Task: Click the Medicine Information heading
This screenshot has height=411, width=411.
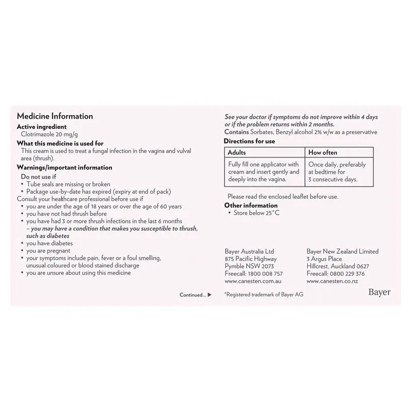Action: click(55, 117)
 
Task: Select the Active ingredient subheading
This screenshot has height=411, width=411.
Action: click(42, 126)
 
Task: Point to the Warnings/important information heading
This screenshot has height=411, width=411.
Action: click(64, 167)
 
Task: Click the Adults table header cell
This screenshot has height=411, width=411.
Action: click(237, 153)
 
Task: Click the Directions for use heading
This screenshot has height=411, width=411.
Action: click(250, 141)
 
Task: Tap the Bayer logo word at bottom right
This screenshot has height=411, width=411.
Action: click(379, 292)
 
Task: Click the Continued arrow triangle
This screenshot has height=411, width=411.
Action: click(210, 295)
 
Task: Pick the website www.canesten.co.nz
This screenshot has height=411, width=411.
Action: click(332, 282)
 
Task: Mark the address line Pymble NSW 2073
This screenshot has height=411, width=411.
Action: click(249, 266)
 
